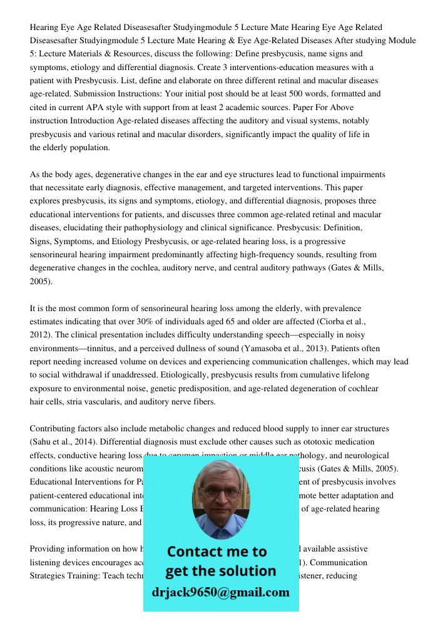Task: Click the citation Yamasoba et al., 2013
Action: point(290,348)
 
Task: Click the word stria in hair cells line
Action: point(78,401)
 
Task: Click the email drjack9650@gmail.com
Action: point(220,592)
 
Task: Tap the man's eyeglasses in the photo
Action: point(220,492)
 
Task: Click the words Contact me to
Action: point(216,552)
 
